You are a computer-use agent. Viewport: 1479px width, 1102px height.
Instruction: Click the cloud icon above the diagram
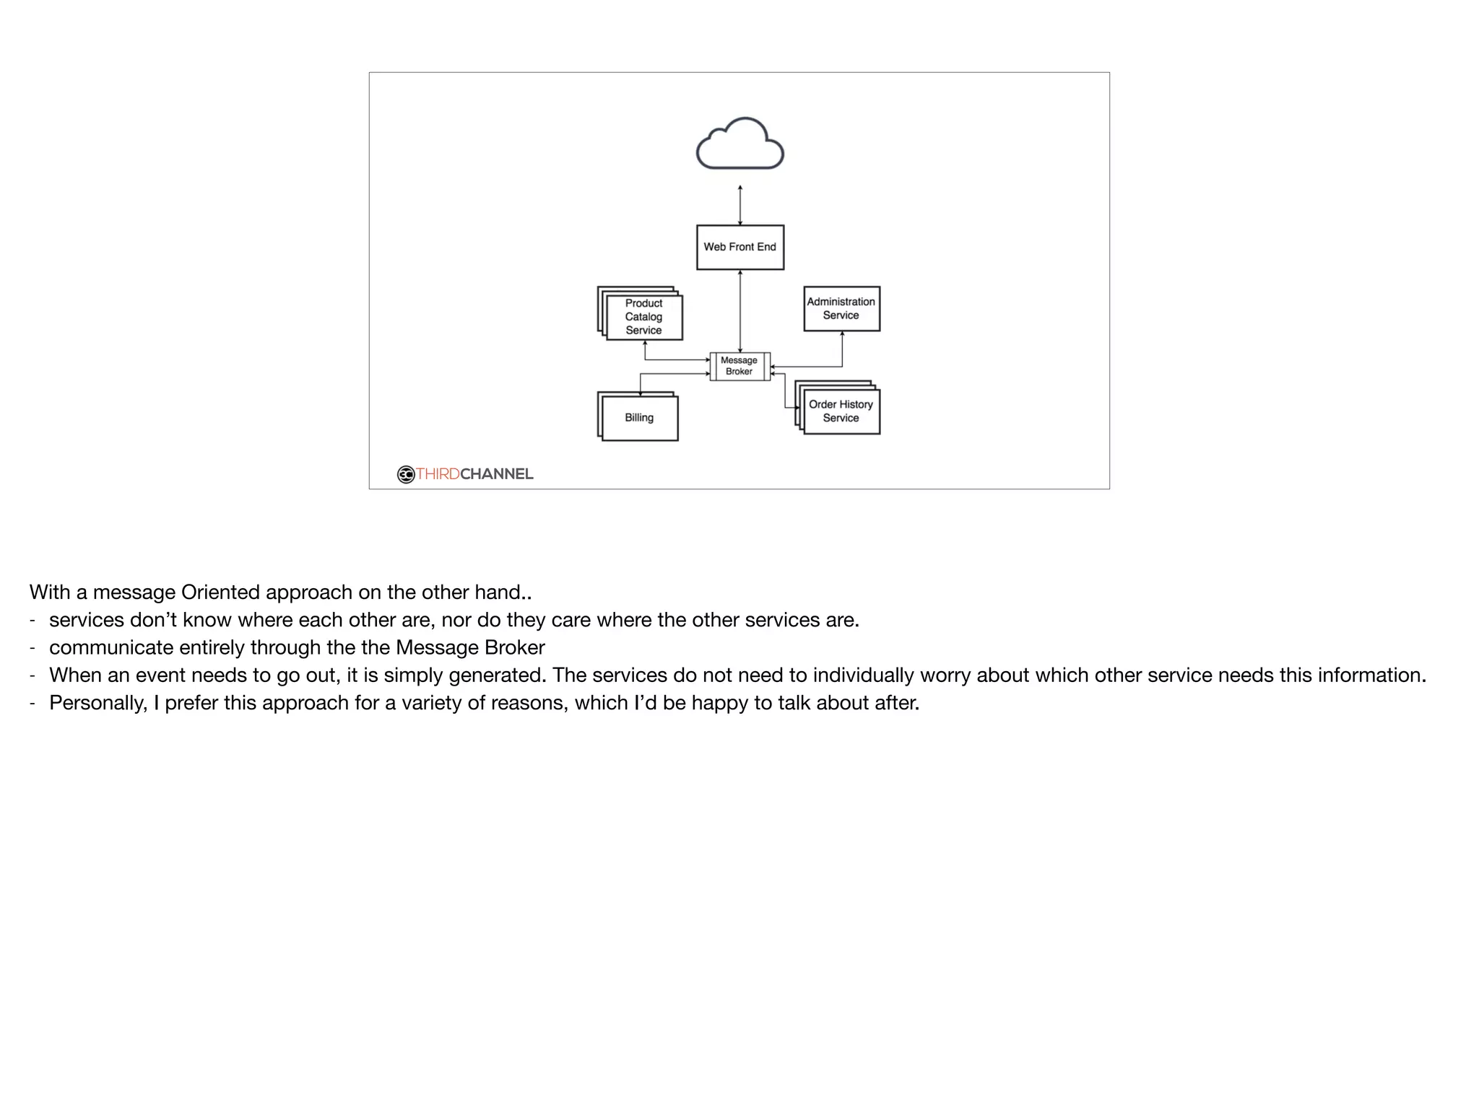(739, 144)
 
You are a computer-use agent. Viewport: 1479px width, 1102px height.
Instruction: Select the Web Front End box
(739, 247)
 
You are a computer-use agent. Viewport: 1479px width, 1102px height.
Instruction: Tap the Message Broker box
(739, 366)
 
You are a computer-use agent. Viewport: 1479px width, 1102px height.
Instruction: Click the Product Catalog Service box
(643, 317)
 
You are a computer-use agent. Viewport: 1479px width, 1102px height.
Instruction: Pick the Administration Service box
(841, 309)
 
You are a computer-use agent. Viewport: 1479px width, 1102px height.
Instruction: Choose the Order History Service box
(841, 411)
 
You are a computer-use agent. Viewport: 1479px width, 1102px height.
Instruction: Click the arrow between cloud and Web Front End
(740, 206)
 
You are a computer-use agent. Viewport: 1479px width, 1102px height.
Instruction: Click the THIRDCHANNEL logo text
(474, 474)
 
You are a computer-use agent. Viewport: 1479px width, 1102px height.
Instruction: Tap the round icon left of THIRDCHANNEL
(406, 474)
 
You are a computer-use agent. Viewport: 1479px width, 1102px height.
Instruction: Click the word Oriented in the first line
(220, 592)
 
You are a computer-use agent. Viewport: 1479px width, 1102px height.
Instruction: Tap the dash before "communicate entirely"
(32, 647)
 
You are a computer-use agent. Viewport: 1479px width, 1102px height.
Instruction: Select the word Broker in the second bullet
(514, 647)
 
